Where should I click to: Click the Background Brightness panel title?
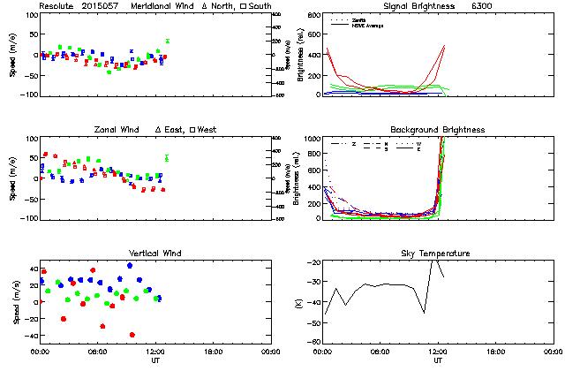(x=437, y=130)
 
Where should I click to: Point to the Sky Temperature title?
(x=437, y=254)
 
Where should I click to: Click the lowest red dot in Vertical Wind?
(x=132, y=335)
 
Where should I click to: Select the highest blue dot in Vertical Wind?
(x=130, y=265)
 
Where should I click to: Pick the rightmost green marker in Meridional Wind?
(x=167, y=41)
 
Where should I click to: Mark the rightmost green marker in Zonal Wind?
(x=167, y=158)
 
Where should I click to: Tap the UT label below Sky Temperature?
(x=437, y=361)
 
